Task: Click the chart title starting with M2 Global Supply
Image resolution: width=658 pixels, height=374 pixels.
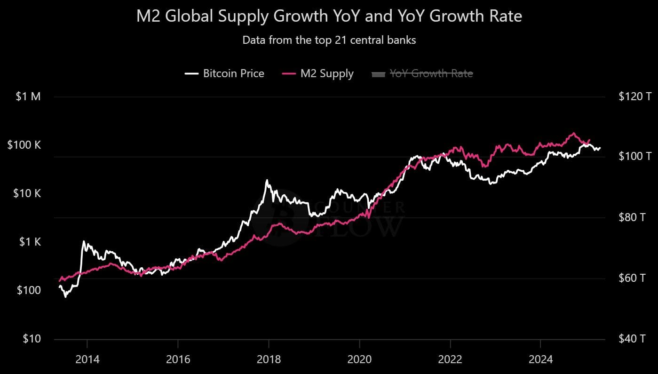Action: click(329, 16)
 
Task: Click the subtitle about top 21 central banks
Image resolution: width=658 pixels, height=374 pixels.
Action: click(329, 40)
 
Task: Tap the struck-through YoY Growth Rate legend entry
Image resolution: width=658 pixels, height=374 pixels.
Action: click(422, 73)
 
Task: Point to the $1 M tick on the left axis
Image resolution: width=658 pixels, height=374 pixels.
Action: click(29, 97)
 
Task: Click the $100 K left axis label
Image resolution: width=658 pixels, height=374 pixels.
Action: click(24, 145)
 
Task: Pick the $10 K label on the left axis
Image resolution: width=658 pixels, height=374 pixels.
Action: click(27, 194)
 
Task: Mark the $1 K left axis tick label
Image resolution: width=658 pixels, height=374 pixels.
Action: click(30, 242)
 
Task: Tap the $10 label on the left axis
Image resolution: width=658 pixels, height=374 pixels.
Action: click(32, 339)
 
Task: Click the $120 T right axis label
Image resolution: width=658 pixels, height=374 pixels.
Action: click(635, 97)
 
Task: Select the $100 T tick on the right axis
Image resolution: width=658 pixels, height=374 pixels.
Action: click(635, 156)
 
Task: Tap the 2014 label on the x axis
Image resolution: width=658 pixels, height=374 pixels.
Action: click(87, 360)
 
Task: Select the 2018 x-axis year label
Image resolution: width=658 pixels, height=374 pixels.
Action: click(269, 360)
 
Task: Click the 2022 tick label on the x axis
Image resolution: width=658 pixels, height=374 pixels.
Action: click(450, 360)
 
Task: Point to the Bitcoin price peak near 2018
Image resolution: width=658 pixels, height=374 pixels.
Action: click(267, 180)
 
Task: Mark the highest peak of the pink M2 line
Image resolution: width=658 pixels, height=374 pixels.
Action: click(573, 133)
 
